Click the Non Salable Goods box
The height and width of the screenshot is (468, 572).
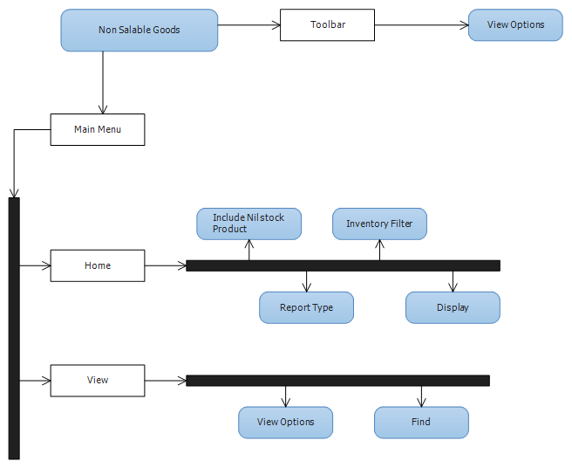(x=140, y=31)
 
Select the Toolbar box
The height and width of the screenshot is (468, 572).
(x=327, y=24)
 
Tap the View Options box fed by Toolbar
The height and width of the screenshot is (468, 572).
(x=515, y=24)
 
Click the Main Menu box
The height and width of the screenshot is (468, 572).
(x=98, y=130)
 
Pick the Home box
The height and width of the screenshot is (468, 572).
(x=98, y=265)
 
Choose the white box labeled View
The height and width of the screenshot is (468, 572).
(x=98, y=381)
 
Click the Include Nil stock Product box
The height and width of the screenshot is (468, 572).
(x=249, y=224)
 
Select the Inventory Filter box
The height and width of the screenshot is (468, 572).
(x=379, y=224)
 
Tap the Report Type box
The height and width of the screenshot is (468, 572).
(x=306, y=307)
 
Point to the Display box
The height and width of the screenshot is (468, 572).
(x=453, y=307)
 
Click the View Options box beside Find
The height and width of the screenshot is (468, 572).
(x=286, y=423)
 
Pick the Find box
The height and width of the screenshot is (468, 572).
(x=421, y=423)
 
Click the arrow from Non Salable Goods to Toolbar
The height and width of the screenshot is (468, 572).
(x=249, y=25)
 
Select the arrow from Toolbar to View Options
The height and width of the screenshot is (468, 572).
(x=421, y=25)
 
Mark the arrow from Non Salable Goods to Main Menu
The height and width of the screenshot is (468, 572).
(x=103, y=82)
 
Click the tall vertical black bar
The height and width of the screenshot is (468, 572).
(x=14, y=328)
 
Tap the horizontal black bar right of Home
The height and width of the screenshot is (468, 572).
(x=343, y=265)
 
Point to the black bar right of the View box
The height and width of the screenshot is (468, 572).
(x=337, y=381)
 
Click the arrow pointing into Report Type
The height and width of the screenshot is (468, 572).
(x=306, y=281)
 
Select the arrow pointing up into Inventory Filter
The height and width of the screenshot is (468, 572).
(x=379, y=250)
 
